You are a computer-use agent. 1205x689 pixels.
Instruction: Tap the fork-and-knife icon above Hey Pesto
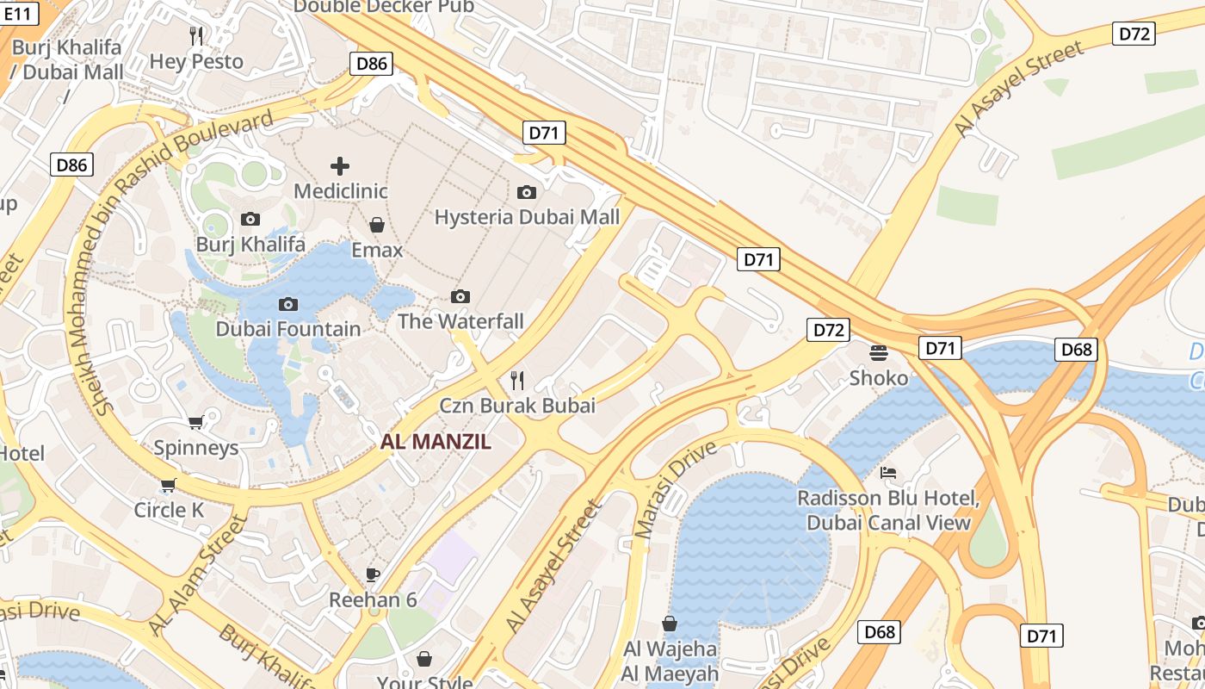pos(196,35)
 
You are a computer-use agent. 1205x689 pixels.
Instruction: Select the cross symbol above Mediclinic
pos(340,165)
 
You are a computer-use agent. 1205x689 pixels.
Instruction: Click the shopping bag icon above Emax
pos(376,225)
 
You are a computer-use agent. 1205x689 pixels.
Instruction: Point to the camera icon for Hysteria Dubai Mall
pos(527,192)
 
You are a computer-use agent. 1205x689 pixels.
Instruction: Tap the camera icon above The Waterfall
pos(460,296)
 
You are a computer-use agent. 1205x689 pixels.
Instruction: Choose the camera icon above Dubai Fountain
pos(288,304)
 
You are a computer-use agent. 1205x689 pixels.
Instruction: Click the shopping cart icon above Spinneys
pos(195,422)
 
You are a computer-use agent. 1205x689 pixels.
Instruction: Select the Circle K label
pos(169,510)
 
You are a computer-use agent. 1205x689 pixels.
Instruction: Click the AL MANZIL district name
pos(436,443)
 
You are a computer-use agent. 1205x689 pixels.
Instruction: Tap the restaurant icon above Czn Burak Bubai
pos(517,379)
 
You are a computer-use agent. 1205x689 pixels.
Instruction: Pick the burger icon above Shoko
pos(879,352)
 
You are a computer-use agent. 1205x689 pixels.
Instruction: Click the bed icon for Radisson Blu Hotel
pos(888,473)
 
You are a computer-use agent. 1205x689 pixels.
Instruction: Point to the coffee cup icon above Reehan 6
pos(373,574)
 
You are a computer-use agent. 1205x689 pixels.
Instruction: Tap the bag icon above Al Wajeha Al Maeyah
pos(670,623)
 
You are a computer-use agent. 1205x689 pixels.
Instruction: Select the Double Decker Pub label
pos(384,7)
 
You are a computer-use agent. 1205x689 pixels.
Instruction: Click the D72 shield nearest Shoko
pos(829,329)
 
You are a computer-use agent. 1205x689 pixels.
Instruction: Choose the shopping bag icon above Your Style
pos(424,659)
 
